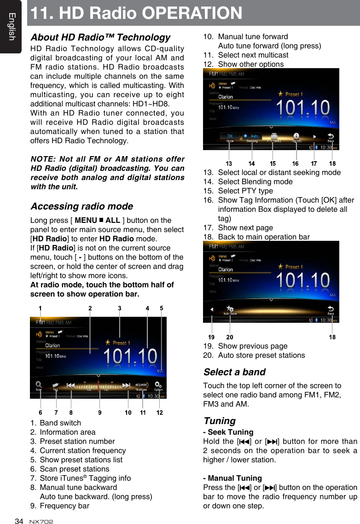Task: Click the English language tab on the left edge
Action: pos(11,27)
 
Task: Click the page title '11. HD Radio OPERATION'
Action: pos(135,13)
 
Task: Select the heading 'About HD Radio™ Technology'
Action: pos(100,37)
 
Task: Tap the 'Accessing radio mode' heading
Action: pos(81,206)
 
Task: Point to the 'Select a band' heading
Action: pos(234,372)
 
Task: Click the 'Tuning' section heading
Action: pos(219,421)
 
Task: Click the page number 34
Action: pos(19,521)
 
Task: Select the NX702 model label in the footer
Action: pos(41,521)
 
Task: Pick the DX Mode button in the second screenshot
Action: pos(230,137)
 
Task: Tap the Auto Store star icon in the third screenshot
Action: pos(230,310)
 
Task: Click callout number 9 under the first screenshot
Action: pos(100,413)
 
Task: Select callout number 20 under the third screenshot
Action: pos(229,337)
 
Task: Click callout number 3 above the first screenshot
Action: pos(120,308)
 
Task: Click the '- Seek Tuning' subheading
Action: pos(228,432)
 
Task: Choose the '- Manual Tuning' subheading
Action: pos(232,478)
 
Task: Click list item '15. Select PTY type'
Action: pos(245,191)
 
